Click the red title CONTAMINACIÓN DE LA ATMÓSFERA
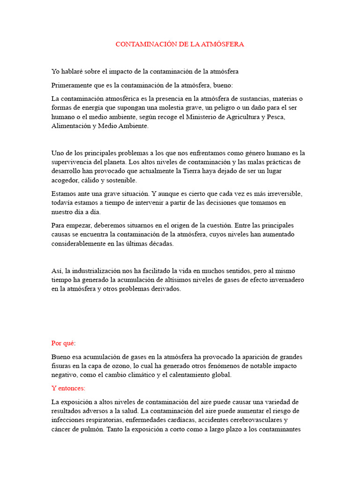coord(180,44)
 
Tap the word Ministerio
coord(193,117)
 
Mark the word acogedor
coord(65,180)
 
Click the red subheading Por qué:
coord(63,343)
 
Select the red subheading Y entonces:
coord(68,389)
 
